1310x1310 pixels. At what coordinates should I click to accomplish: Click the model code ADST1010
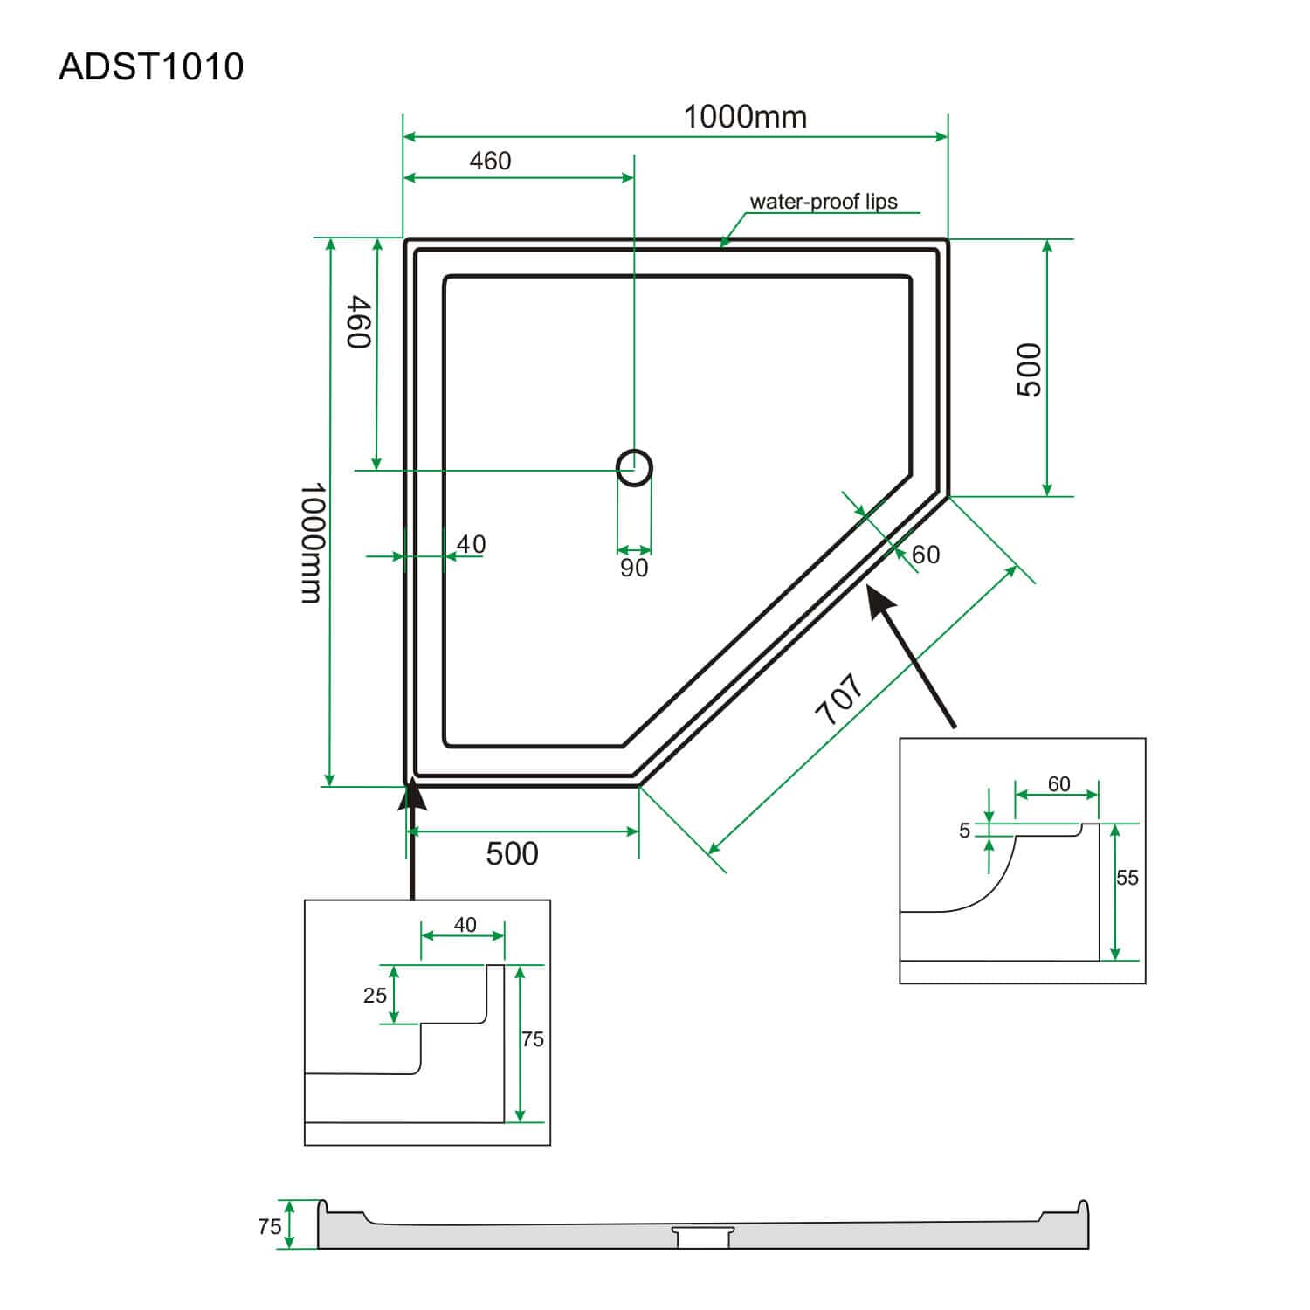[x=151, y=67]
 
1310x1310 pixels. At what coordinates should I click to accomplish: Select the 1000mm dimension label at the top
[x=744, y=117]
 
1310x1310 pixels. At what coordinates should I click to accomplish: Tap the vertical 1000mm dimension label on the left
[x=312, y=542]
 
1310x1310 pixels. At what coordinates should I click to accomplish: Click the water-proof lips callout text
[x=823, y=202]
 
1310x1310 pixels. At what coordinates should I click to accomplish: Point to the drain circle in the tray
[x=634, y=468]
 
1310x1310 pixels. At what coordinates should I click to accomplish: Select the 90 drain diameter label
[x=634, y=569]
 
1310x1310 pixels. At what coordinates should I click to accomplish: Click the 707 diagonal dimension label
[x=839, y=699]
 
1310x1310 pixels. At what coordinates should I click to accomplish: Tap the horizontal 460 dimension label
[x=490, y=162]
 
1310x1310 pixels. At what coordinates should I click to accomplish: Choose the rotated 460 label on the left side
[x=360, y=322]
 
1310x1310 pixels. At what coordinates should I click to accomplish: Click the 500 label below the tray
[x=512, y=853]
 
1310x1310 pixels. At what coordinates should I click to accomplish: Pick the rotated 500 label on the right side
[x=1031, y=369]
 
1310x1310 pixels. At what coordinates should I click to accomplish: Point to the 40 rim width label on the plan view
[x=471, y=545]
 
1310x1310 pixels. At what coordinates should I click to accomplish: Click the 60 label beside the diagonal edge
[x=926, y=555]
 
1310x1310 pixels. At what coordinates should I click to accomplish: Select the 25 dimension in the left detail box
[x=375, y=996]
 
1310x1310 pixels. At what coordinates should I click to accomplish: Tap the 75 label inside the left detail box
[x=533, y=1039]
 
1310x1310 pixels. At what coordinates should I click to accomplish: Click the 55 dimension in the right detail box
[x=1127, y=878]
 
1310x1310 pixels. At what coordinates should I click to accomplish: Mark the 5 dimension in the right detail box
[x=964, y=831]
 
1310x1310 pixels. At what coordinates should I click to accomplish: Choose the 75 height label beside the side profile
[x=269, y=1227]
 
